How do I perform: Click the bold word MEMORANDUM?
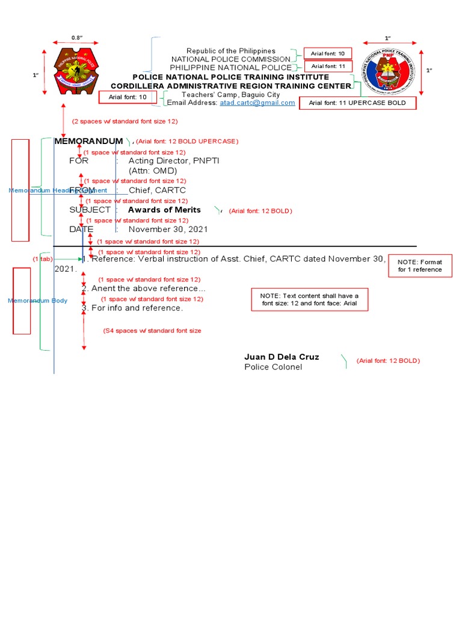[88, 141]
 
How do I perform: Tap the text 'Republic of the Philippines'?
[230, 51]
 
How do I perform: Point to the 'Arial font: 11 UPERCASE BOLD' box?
[357, 103]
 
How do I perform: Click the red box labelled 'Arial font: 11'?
[328, 66]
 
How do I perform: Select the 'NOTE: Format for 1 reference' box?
[420, 266]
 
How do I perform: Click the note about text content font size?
[309, 299]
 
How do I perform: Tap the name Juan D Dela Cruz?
[282, 357]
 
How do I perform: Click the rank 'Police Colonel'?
[273, 367]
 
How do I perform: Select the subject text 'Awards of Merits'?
[164, 210]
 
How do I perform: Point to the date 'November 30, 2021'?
[168, 229]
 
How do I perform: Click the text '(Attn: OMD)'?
[153, 171]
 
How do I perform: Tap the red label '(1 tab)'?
[43, 258]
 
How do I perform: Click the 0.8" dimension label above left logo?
[76, 38]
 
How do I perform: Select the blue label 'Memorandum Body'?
[37, 300]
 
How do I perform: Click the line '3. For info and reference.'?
[132, 308]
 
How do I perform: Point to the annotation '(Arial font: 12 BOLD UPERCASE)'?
[187, 141]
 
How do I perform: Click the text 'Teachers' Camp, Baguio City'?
[230, 95]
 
